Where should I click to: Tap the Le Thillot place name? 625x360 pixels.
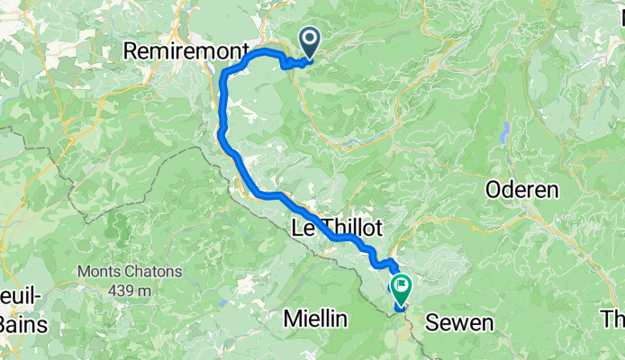[335, 229]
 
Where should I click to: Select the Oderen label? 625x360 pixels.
[522, 190]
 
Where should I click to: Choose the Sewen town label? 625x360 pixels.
[458, 322]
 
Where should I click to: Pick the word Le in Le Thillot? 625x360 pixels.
[302, 229]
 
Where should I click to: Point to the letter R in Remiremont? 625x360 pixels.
[129, 52]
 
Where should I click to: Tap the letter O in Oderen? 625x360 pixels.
[494, 190]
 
